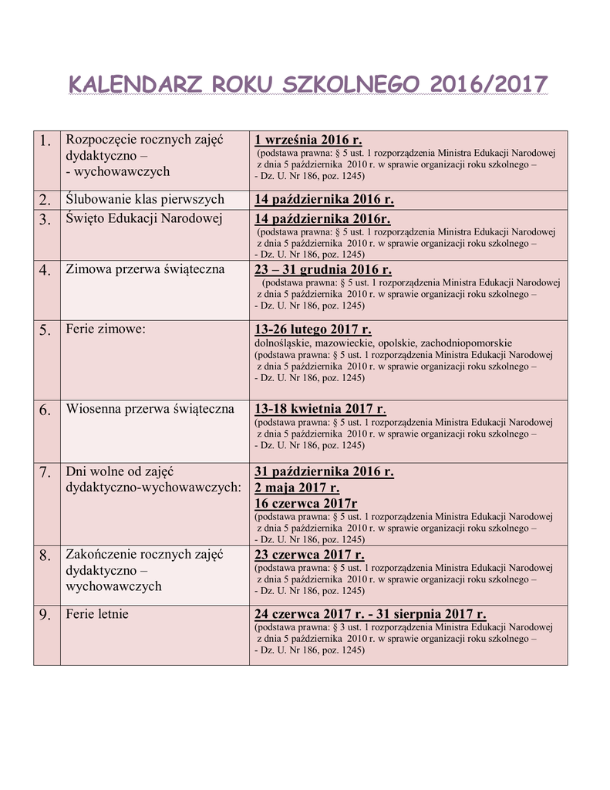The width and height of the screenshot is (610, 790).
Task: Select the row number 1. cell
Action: pos(46,140)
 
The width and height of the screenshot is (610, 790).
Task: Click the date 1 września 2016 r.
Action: pos(308,140)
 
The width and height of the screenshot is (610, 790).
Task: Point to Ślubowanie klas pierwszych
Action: pos(145,199)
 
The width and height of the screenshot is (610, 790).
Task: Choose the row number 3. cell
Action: pos(46,220)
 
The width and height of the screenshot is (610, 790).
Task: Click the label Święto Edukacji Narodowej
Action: pos(144,218)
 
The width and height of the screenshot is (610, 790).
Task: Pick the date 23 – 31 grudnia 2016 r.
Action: pos(323,269)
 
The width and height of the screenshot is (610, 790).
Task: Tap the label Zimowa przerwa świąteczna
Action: pos(145,269)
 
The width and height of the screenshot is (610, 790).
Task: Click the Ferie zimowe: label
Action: pos(106,329)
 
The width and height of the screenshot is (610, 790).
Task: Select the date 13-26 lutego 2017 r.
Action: pos(313,329)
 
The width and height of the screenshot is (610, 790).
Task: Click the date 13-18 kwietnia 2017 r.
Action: pos(319,409)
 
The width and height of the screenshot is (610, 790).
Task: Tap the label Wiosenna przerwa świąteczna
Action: pos(150,409)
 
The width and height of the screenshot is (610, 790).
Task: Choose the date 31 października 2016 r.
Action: pos(324,471)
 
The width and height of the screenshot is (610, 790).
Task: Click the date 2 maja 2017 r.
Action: pos(297,488)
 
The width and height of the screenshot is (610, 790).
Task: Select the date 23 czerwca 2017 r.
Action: pos(309,555)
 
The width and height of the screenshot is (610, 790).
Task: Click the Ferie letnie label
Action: pos(97,614)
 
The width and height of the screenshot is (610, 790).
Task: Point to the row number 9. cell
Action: pos(46,615)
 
